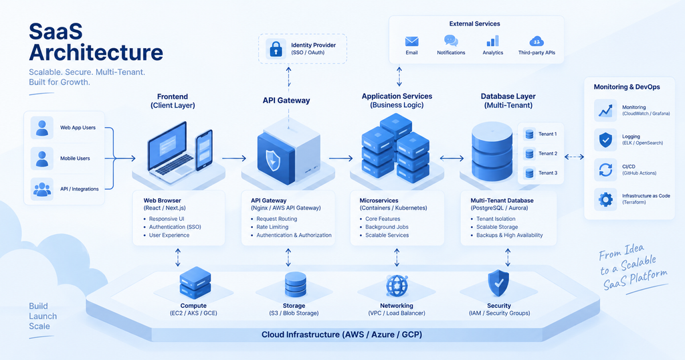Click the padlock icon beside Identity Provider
(276, 48)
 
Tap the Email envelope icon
(411, 41)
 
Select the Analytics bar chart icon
(493, 41)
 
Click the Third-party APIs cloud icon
(536, 41)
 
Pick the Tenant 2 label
(548, 153)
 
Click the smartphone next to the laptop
(204, 151)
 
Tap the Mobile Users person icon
(42, 158)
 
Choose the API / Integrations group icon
(42, 189)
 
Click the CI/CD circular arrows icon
(605, 169)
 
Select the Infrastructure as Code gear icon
(605, 199)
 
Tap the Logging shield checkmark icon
(605, 140)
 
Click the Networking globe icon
(397, 286)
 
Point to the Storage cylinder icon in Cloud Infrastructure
(295, 285)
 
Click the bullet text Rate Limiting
(272, 227)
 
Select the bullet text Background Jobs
(387, 227)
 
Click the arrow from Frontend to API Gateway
(234, 159)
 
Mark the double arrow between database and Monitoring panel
(574, 157)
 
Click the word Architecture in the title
(96, 52)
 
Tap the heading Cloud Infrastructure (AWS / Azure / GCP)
(342, 335)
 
